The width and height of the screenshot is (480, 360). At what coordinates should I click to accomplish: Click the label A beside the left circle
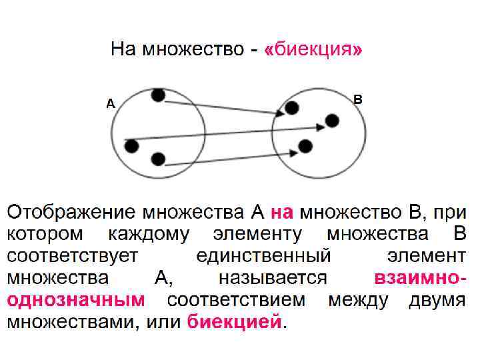[111, 103]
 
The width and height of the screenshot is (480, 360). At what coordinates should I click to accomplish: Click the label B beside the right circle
[358, 99]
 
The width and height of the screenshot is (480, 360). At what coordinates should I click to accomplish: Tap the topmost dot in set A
[157, 95]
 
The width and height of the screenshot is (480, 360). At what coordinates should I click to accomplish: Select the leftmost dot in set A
[131, 145]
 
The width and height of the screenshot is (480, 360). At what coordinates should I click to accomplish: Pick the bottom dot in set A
[157, 159]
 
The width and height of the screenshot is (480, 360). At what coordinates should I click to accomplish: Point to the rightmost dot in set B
[332, 121]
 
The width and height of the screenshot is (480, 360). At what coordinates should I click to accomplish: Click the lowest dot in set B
[306, 145]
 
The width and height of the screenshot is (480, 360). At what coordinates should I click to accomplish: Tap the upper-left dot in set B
[292, 107]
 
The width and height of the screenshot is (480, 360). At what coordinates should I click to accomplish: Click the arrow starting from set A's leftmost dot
[227, 133]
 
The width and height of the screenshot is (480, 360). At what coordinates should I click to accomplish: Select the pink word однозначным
[76, 300]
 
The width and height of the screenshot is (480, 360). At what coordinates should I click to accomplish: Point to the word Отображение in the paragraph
[71, 213]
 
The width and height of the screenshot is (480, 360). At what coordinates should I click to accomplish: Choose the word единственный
[265, 256]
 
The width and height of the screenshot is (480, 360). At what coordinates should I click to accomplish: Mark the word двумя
[437, 300]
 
